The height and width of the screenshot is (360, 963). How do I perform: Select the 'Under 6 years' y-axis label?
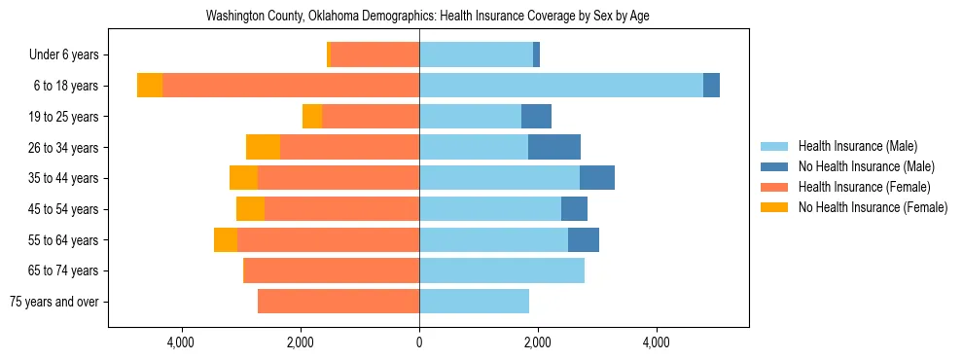point(69,55)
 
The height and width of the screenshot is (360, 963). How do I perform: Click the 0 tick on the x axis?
point(419,342)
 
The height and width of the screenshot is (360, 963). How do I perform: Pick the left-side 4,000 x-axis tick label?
point(182,342)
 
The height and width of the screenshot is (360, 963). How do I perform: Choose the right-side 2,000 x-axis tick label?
point(538,342)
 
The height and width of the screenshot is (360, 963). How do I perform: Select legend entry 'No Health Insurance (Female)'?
point(873,207)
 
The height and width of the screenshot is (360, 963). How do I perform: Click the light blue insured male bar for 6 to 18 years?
point(560,86)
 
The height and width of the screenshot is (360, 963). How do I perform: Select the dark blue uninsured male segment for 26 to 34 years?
point(554,147)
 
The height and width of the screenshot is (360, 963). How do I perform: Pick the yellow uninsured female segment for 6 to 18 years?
point(150,86)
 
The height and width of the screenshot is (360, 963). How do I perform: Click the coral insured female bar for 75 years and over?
point(339,302)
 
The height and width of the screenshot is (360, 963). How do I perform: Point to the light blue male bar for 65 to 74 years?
point(502,270)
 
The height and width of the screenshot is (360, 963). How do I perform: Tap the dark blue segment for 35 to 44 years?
point(597,178)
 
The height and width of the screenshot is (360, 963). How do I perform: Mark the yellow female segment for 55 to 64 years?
point(226,239)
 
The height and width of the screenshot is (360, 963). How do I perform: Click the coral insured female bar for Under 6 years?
point(375,54)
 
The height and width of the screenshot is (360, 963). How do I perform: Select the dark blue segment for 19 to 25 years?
point(536,117)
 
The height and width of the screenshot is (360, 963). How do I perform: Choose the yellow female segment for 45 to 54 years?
point(250,209)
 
